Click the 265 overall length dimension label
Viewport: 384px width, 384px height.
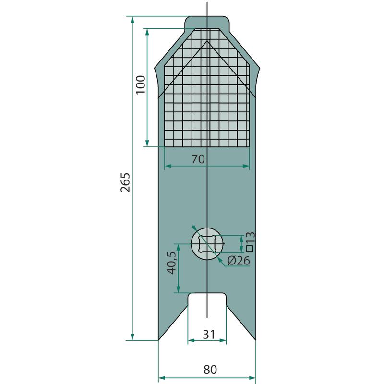(125, 182)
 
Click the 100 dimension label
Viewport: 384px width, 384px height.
(141, 84)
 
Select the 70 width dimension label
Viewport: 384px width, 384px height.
(198, 159)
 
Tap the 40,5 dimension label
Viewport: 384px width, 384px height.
(171, 263)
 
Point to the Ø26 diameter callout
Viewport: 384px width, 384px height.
(239, 260)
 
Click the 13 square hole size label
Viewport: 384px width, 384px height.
(250, 237)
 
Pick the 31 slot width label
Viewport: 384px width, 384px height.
(209, 334)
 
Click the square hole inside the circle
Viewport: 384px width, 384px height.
(207, 244)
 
